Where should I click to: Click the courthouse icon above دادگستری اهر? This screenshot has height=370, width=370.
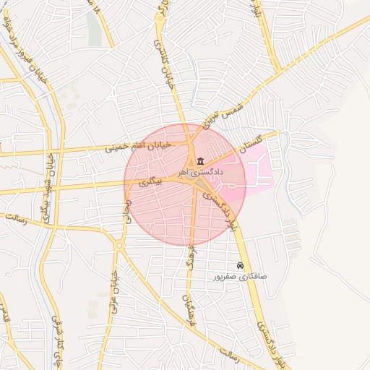pyautogui.click(x=200, y=160)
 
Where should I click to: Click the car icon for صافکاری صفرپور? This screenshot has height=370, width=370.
pyautogui.click(x=240, y=266)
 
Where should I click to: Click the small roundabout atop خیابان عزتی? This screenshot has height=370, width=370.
pyautogui.click(x=118, y=246)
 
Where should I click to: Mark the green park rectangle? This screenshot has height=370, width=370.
pyautogui.click(x=95, y=29)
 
